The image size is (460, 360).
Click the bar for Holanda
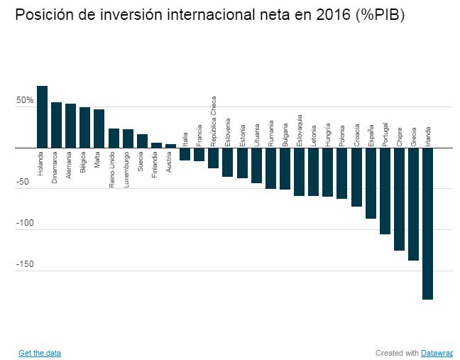(x=43, y=117)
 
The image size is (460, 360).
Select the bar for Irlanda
(x=427, y=224)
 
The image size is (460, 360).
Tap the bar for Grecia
(x=413, y=204)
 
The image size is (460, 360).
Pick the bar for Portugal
(x=385, y=191)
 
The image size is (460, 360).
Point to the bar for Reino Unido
(x=114, y=138)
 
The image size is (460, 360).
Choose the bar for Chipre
(x=399, y=200)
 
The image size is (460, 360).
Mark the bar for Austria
(x=170, y=146)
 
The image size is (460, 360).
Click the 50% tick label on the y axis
(x=26, y=101)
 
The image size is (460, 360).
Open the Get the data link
(x=40, y=353)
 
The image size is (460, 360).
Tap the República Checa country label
(x=213, y=121)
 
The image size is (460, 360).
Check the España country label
(x=371, y=135)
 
